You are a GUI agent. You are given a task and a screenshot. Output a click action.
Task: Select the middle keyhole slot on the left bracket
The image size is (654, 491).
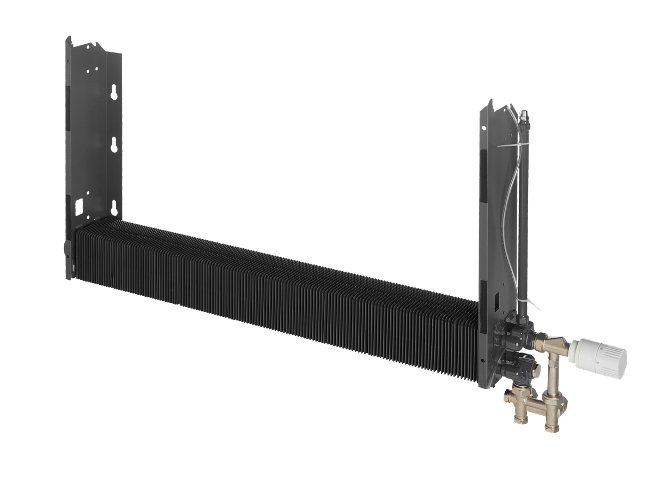point(113,144)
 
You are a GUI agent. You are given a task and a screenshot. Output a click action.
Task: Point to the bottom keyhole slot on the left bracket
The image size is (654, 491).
point(114,206)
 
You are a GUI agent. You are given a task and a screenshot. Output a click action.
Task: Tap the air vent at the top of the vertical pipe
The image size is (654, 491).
point(525,117)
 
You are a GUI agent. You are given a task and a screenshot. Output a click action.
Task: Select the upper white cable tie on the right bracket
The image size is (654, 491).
point(512,144)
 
